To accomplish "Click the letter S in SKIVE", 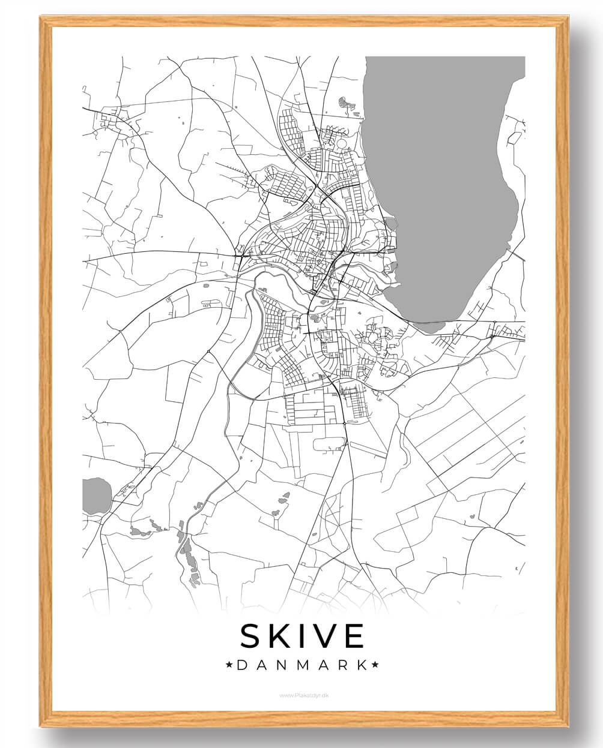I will click(x=251, y=636).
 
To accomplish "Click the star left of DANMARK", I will click(x=228, y=665).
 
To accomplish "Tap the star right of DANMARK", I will click(x=376, y=665).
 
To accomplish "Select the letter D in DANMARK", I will click(x=241, y=665).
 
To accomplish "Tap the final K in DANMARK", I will click(x=362, y=665).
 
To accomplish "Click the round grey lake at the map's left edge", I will click(x=95, y=495).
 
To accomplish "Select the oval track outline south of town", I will click(x=330, y=444).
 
